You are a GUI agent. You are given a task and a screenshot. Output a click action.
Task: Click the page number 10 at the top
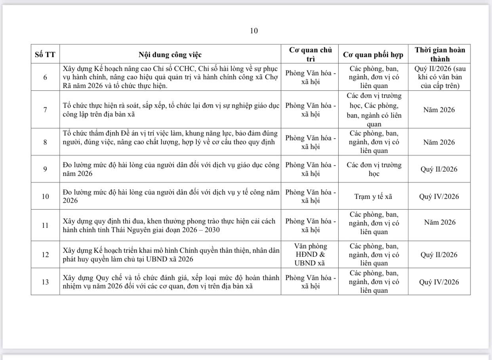pyautogui.click(x=254, y=31)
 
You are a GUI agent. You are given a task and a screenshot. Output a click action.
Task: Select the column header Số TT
pyautogui.click(x=45, y=55)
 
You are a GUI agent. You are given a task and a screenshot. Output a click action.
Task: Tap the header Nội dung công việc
pyautogui.click(x=170, y=55)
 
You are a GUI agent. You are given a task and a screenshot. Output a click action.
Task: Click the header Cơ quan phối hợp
pyautogui.click(x=373, y=55)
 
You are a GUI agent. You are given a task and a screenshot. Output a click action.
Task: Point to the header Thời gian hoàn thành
pyautogui.click(x=439, y=54)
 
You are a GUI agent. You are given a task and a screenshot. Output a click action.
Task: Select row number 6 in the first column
pyautogui.click(x=45, y=77)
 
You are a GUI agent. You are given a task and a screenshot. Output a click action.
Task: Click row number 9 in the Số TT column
pyautogui.click(x=45, y=169)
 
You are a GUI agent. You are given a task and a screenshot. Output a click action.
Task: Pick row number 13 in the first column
pyautogui.click(x=45, y=282)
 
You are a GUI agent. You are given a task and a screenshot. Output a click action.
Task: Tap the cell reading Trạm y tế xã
pyautogui.click(x=373, y=196)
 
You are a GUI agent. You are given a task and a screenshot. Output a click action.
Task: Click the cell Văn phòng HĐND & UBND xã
pyautogui.click(x=310, y=255)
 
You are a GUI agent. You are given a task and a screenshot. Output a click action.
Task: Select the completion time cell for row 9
pyautogui.click(x=439, y=169)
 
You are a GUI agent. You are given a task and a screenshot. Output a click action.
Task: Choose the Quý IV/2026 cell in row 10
pyautogui.click(x=439, y=196)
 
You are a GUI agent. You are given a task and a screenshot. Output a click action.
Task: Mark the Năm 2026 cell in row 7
pyautogui.click(x=439, y=110)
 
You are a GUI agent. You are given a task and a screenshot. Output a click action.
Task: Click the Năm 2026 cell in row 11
pyautogui.click(x=439, y=222)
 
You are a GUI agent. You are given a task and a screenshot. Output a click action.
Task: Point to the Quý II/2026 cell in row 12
pyautogui.click(x=439, y=255)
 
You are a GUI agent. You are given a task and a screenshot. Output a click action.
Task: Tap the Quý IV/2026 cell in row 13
pyautogui.click(x=439, y=282)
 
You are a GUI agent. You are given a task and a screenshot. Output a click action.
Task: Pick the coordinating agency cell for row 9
pyautogui.click(x=374, y=169)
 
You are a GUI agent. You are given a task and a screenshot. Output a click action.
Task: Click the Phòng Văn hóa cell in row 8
pyautogui.click(x=310, y=142)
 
